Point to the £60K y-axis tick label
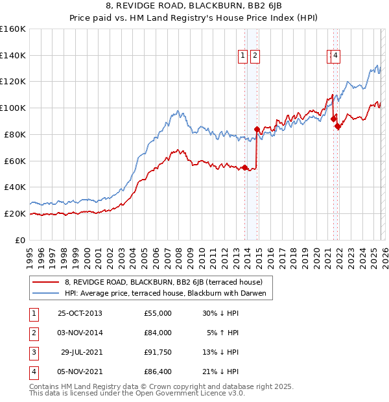pyautogui.click(x=15, y=161)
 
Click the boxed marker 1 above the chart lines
pyautogui.click(x=243, y=56)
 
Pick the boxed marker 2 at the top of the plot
pyautogui.click(x=255, y=56)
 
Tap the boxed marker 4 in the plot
pyautogui.click(x=335, y=56)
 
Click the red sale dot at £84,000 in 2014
pyautogui.click(x=257, y=129)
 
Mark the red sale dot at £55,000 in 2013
pyautogui.click(x=245, y=167)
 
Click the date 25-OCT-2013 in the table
pyautogui.click(x=80, y=313)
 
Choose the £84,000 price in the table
pyautogui.click(x=158, y=333)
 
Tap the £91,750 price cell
pyautogui.click(x=158, y=352)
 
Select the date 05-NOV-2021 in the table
pyautogui.click(x=80, y=372)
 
